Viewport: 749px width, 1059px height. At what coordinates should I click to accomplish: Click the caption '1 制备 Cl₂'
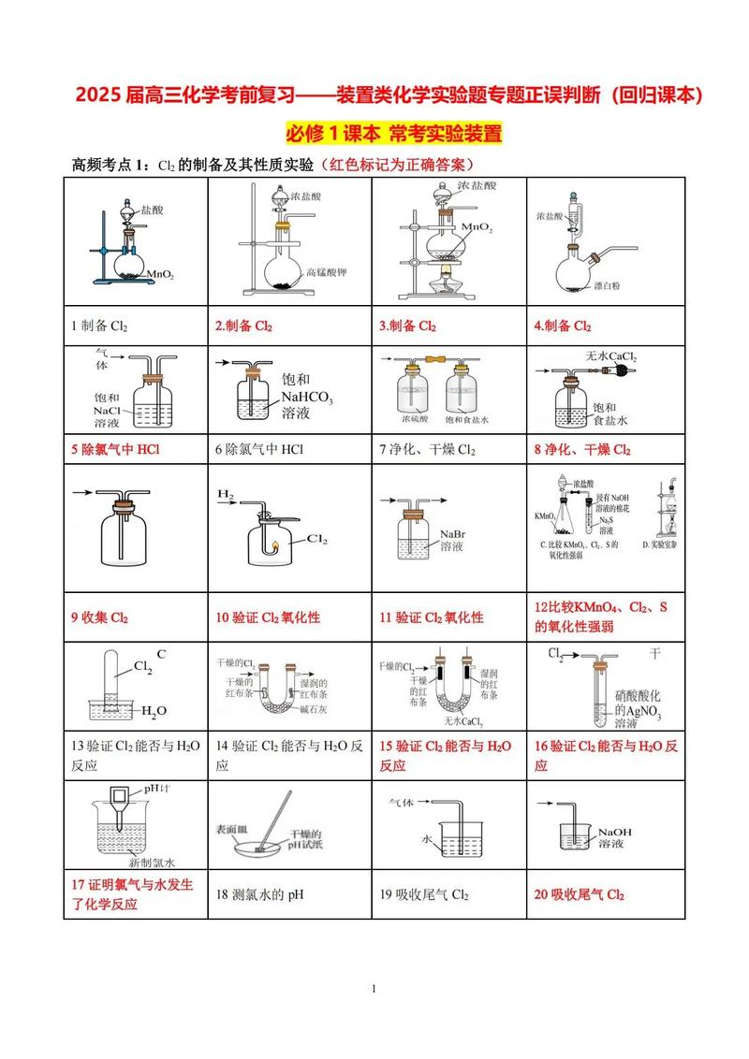(x=99, y=326)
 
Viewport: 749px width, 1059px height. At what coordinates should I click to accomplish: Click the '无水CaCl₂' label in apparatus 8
(x=610, y=356)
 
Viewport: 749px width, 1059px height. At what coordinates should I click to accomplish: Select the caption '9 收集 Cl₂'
(x=99, y=617)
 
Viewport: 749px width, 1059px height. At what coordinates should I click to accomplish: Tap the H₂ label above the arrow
(x=226, y=493)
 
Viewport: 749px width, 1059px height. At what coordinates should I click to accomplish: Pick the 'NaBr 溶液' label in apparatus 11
(x=451, y=540)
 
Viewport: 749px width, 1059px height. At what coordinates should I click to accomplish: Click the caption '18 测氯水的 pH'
(x=260, y=893)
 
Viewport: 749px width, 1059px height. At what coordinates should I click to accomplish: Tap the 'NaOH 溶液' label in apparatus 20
(x=615, y=837)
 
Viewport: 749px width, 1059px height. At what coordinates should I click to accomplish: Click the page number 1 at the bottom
(x=374, y=989)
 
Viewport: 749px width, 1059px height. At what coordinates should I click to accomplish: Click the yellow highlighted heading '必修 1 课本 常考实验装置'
(x=394, y=133)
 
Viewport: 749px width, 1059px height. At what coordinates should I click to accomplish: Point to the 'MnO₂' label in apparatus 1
(x=160, y=274)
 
